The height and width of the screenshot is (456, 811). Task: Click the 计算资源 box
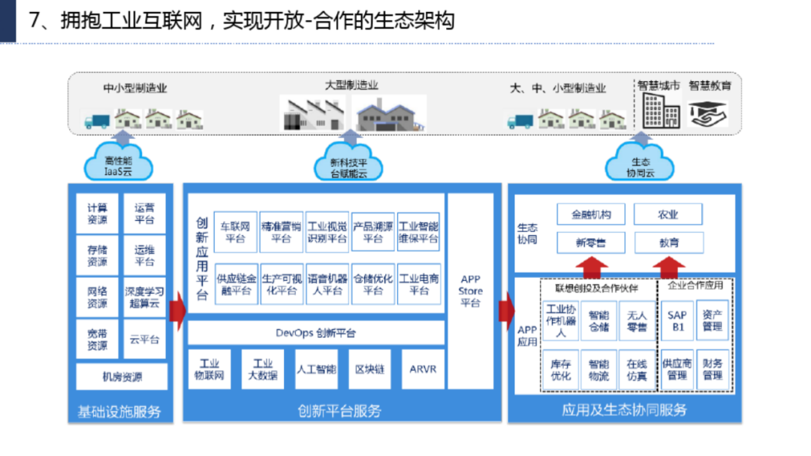click(x=97, y=214)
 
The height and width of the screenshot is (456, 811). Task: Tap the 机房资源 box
click(x=122, y=376)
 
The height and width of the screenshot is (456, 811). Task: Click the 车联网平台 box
click(x=235, y=232)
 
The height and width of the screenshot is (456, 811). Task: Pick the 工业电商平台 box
click(x=418, y=284)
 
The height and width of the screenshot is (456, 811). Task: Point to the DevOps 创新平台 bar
click(x=315, y=333)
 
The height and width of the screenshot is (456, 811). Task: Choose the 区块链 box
click(x=369, y=369)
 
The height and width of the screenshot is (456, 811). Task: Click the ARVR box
click(x=423, y=369)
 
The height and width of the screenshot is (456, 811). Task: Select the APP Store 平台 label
click(x=471, y=291)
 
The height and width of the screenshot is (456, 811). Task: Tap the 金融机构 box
click(x=591, y=214)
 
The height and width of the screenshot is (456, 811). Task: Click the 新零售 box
click(x=591, y=243)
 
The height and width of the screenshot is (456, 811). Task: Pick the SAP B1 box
click(x=677, y=322)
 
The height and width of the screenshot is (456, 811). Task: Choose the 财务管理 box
click(x=713, y=369)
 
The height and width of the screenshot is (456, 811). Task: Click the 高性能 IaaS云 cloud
click(x=119, y=166)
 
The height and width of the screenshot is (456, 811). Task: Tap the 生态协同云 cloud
click(x=641, y=166)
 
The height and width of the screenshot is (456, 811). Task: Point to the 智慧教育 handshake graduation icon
click(x=710, y=114)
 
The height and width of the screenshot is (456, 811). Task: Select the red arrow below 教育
click(x=668, y=267)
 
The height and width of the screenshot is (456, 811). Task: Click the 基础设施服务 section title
click(x=119, y=412)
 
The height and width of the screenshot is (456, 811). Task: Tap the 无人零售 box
click(x=637, y=322)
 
